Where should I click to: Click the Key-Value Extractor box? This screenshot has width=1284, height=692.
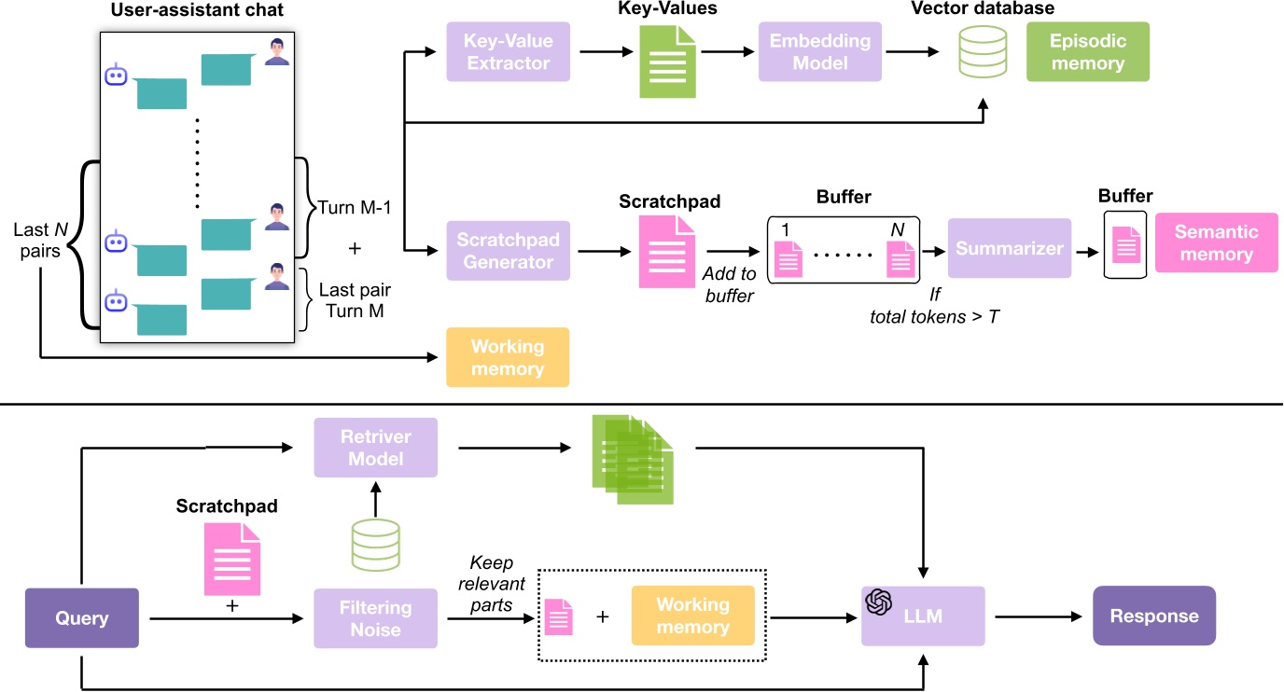point(508,52)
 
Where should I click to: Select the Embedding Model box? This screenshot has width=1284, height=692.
point(819,52)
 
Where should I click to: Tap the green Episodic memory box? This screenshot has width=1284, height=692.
point(1087,52)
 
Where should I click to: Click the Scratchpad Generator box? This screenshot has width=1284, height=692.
point(508,249)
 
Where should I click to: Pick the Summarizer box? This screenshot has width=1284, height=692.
point(1009,248)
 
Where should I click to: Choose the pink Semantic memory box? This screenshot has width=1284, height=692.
point(1216,242)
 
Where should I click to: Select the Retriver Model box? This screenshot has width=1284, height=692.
point(375,448)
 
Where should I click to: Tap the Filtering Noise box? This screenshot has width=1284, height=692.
point(375,617)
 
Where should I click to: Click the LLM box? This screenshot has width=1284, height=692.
point(922,616)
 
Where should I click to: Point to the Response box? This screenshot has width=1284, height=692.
point(1153,616)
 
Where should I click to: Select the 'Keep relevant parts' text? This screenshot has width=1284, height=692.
point(494,584)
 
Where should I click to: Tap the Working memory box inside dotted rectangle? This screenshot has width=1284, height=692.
point(692,616)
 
